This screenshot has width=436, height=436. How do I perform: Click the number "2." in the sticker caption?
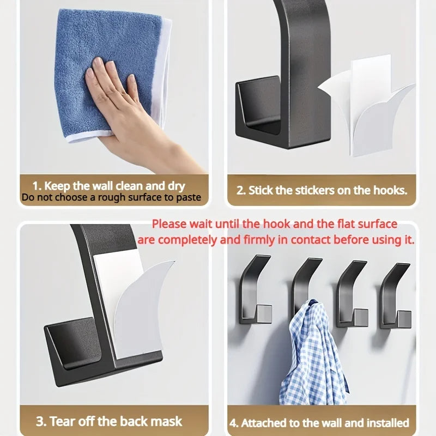(241, 191)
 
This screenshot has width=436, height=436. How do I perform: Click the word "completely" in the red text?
(189, 239)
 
